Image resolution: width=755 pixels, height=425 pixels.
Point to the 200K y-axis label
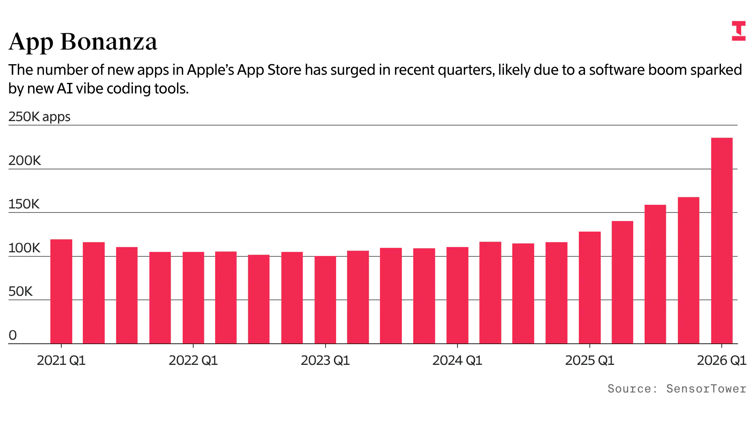[25, 160]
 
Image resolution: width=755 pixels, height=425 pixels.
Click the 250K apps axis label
[39, 117]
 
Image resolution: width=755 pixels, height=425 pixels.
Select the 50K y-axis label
[20, 291]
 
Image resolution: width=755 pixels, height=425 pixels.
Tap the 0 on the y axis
[13, 335]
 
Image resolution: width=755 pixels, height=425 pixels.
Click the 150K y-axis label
[24, 204]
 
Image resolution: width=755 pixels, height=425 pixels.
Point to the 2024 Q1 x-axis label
[457, 360]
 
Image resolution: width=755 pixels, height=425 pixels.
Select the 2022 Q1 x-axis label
[193, 360]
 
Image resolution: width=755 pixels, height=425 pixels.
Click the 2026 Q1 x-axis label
[721, 360]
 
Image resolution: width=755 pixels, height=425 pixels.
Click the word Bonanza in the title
[109, 41]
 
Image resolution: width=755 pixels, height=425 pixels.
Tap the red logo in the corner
[738, 31]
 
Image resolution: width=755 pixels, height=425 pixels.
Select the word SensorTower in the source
[706, 389]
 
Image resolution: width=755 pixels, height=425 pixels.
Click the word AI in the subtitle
[65, 89]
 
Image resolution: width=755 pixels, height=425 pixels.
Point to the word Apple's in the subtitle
[210, 70]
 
